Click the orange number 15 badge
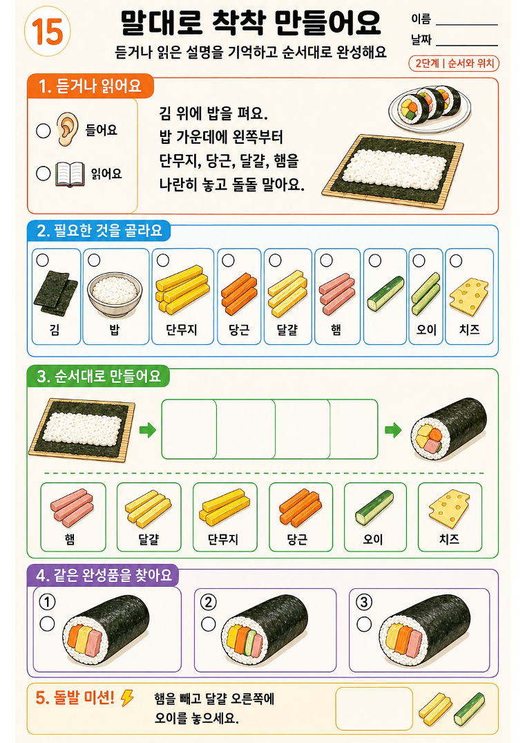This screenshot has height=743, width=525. click(48, 32)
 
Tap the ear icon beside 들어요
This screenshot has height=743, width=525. click(67, 129)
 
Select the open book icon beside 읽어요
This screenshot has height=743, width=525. click(70, 174)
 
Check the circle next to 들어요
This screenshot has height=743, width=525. click(43, 131)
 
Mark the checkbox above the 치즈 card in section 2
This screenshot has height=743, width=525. click(456, 261)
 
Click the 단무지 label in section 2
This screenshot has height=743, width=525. click(181, 329)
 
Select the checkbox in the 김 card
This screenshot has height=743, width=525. click(43, 260)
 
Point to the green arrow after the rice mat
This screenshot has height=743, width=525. click(148, 431)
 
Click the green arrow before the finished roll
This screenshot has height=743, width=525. click(393, 431)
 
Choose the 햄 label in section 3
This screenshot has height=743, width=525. click(70, 539)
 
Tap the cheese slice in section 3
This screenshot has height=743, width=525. click(449, 509)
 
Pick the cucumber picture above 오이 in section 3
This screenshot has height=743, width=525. click(374, 507)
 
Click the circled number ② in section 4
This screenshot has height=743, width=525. click(209, 602)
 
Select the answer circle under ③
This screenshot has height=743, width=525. click(364, 624)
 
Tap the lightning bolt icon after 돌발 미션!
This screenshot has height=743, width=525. click(127, 697)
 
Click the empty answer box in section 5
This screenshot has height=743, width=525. click(374, 708)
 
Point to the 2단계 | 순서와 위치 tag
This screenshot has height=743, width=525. click(454, 64)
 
